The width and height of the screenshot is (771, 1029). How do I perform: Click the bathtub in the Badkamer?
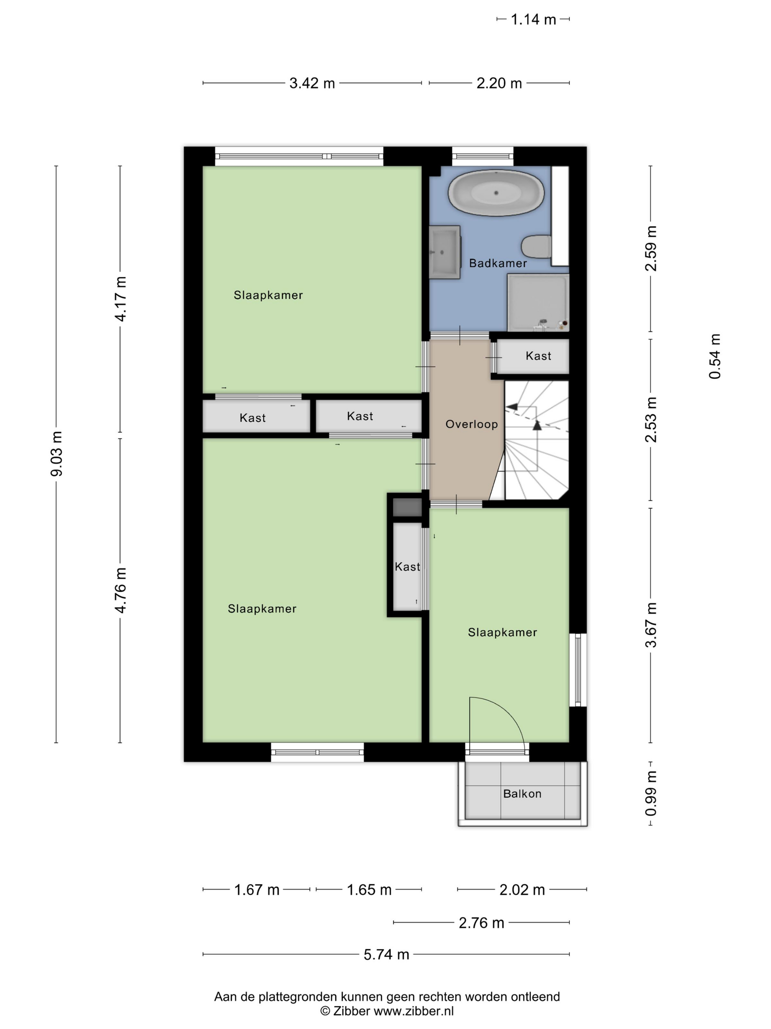(496, 193)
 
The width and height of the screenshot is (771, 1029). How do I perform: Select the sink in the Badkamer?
(444, 252)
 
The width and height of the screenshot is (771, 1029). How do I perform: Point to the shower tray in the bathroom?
(538, 302)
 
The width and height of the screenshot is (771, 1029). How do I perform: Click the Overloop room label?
(472, 424)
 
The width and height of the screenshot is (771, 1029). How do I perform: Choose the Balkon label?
(522, 793)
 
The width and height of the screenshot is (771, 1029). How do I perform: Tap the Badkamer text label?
(498, 263)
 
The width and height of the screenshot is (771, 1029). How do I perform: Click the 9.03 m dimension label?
(57, 454)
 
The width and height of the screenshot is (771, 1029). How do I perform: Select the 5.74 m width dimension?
(386, 954)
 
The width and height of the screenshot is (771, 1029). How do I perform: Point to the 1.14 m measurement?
(533, 19)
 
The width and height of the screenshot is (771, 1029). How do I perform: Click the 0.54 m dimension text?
(715, 356)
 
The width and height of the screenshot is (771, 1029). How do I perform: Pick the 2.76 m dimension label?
(481, 922)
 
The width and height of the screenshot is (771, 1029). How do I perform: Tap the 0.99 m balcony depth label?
(651, 793)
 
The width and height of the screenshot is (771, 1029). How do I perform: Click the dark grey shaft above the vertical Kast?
(407, 507)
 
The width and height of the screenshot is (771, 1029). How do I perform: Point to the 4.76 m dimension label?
(120, 590)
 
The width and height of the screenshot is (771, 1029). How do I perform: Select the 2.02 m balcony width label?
(522, 890)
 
